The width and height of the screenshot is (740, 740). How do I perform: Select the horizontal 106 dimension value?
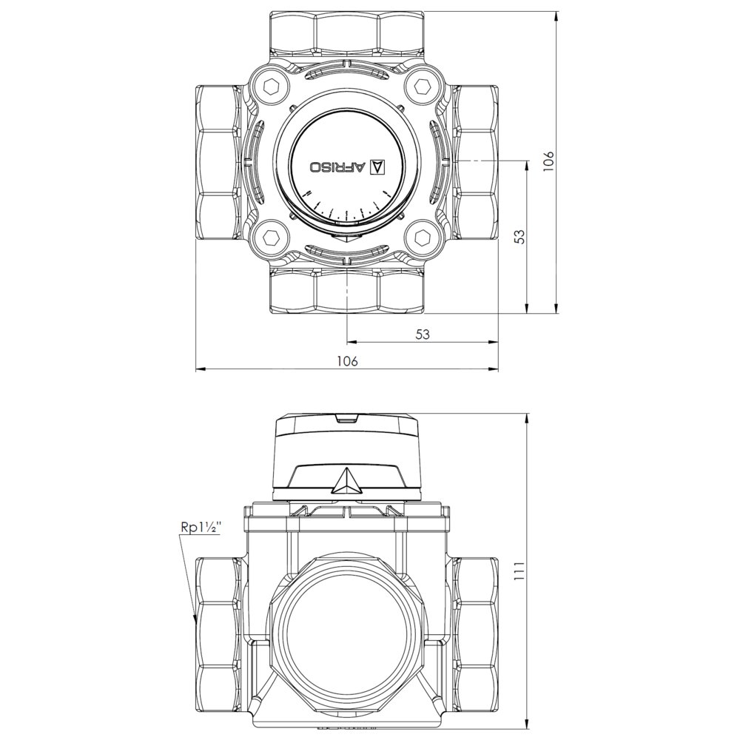[x=347, y=361]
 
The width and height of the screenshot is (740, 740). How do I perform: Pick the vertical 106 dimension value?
[x=548, y=161]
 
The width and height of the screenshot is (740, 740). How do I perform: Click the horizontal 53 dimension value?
[x=423, y=334]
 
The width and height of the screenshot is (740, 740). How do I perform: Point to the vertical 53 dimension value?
[x=519, y=237]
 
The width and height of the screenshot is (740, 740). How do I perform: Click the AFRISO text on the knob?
[x=338, y=167]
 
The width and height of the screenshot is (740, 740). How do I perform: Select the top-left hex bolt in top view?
[x=270, y=87]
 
